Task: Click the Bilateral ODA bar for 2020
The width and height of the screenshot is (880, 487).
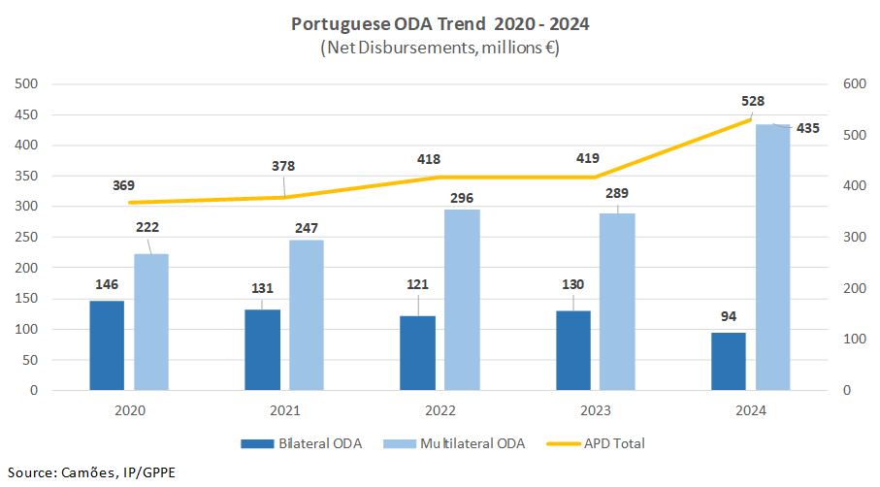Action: tap(107, 345)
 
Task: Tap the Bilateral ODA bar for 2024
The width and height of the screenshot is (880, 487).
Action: tap(729, 361)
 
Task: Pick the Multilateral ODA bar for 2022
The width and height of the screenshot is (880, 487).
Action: tap(462, 300)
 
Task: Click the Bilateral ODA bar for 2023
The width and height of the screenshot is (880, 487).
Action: tap(573, 350)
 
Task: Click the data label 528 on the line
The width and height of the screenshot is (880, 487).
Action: tap(753, 101)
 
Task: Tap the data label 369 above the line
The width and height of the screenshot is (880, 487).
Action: tap(123, 185)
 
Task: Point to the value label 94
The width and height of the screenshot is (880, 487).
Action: tap(729, 317)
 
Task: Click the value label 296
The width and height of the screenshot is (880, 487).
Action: tap(462, 199)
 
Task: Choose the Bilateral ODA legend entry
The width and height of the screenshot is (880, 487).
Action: tap(301, 443)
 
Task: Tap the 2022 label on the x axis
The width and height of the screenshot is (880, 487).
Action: tap(440, 411)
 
